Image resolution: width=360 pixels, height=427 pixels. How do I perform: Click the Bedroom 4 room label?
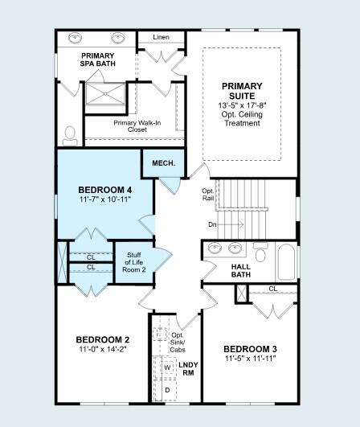click(105, 190)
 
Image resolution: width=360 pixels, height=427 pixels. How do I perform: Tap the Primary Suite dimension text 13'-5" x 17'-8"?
click(242, 105)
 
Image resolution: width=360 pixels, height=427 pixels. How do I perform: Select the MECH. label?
click(164, 163)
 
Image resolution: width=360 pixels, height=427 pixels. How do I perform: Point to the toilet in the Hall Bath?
click(260, 253)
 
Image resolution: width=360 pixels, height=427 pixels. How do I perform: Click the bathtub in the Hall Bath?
click(287, 262)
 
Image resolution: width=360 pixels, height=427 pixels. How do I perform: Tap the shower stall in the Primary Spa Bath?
click(105, 93)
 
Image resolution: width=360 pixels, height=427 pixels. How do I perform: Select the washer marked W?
click(167, 367)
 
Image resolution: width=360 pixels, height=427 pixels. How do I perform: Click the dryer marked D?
click(167, 390)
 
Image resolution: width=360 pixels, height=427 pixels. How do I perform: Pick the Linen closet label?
click(161, 37)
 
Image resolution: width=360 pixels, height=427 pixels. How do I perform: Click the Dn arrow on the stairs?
click(230, 224)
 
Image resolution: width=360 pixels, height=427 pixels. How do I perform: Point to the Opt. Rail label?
click(208, 195)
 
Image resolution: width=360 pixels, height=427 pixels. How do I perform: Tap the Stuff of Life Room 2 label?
click(134, 262)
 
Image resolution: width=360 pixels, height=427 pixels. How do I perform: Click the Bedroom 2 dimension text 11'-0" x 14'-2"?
click(103, 349)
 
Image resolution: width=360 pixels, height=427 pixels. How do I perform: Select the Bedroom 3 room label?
click(250, 349)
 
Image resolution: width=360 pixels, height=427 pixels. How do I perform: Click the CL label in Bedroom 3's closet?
click(273, 289)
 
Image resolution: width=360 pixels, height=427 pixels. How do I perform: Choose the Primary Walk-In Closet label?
click(137, 126)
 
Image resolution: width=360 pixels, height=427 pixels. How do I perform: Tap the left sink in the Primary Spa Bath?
click(76, 38)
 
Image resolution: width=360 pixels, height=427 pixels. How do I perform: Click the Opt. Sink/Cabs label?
click(178, 343)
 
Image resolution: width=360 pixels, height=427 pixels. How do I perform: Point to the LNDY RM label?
click(188, 369)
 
